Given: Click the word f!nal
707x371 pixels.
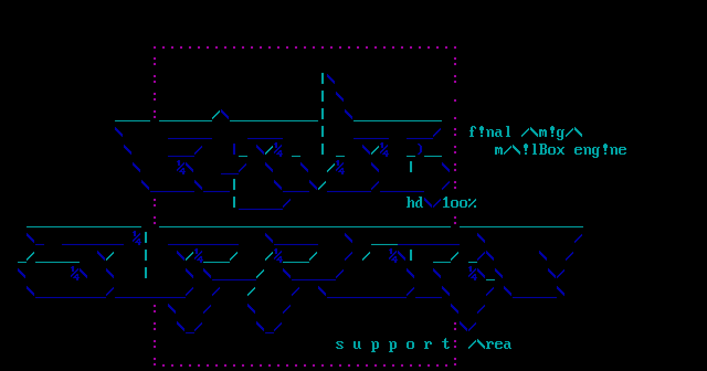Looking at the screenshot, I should [490, 132].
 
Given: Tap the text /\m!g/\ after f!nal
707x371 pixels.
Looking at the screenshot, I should [552, 132].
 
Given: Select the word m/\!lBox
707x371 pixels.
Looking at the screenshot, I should [530, 150].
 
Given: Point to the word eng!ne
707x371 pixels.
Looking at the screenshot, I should [600, 150].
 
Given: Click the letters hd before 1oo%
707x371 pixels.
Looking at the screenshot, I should [415, 203].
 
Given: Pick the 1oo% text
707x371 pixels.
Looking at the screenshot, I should [459, 203].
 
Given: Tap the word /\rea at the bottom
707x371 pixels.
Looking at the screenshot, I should [490, 344].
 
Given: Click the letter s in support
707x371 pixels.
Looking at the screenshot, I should [340, 345].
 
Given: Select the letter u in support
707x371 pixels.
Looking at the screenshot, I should [357, 345].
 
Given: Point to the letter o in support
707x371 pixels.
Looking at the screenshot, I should [410, 345].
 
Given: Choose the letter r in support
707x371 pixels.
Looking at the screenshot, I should [428, 345].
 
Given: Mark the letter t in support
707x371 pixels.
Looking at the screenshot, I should [446, 344].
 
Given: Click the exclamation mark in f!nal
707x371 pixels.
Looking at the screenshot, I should [481, 132].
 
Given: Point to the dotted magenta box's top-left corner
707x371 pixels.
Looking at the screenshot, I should [155, 48].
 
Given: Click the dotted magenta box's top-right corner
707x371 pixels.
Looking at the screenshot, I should [455, 48].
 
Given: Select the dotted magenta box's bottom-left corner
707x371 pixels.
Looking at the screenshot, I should [155, 364].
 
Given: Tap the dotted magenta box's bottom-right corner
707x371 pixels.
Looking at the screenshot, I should [455, 364].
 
